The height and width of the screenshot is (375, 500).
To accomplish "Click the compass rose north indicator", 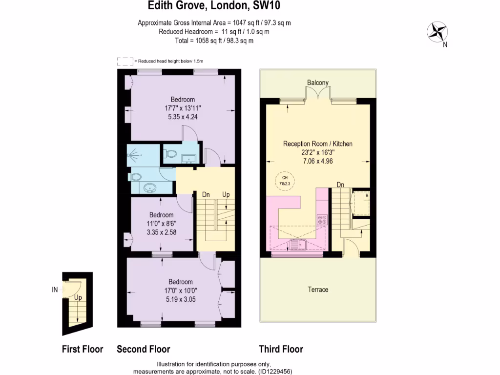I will pyautogui.click(x=438, y=33).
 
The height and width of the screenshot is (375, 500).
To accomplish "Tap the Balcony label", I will pyautogui.click(x=318, y=83).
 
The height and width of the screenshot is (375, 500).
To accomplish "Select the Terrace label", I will pyautogui.click(x=318, y=290).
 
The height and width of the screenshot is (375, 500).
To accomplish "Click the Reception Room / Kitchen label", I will pyautogui.click(x=318, y=144).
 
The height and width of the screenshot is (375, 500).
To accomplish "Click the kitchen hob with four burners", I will pyautogui.click(x=322, y=220).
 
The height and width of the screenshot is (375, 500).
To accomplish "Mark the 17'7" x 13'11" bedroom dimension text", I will pyautogui.click(x=183, y=108).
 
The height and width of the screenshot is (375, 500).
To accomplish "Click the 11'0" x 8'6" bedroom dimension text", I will pyautogui.click(x=162, y=224).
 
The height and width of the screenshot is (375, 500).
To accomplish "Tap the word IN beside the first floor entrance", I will pyautogui.click(x=55, y=290).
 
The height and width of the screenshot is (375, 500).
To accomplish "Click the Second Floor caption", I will pyautogui.click(x=144, y=349).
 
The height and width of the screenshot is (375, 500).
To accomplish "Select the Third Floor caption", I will pyautogui.click(x=281, y=349).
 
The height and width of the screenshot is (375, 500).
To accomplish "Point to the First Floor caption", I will pyautogui.click(x=83, y=349).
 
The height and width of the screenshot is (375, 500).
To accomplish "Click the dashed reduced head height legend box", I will pyautogui.click(x=125, y=61).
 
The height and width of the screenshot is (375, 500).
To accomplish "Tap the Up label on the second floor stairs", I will pyautogui.click(x=226, y=194).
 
